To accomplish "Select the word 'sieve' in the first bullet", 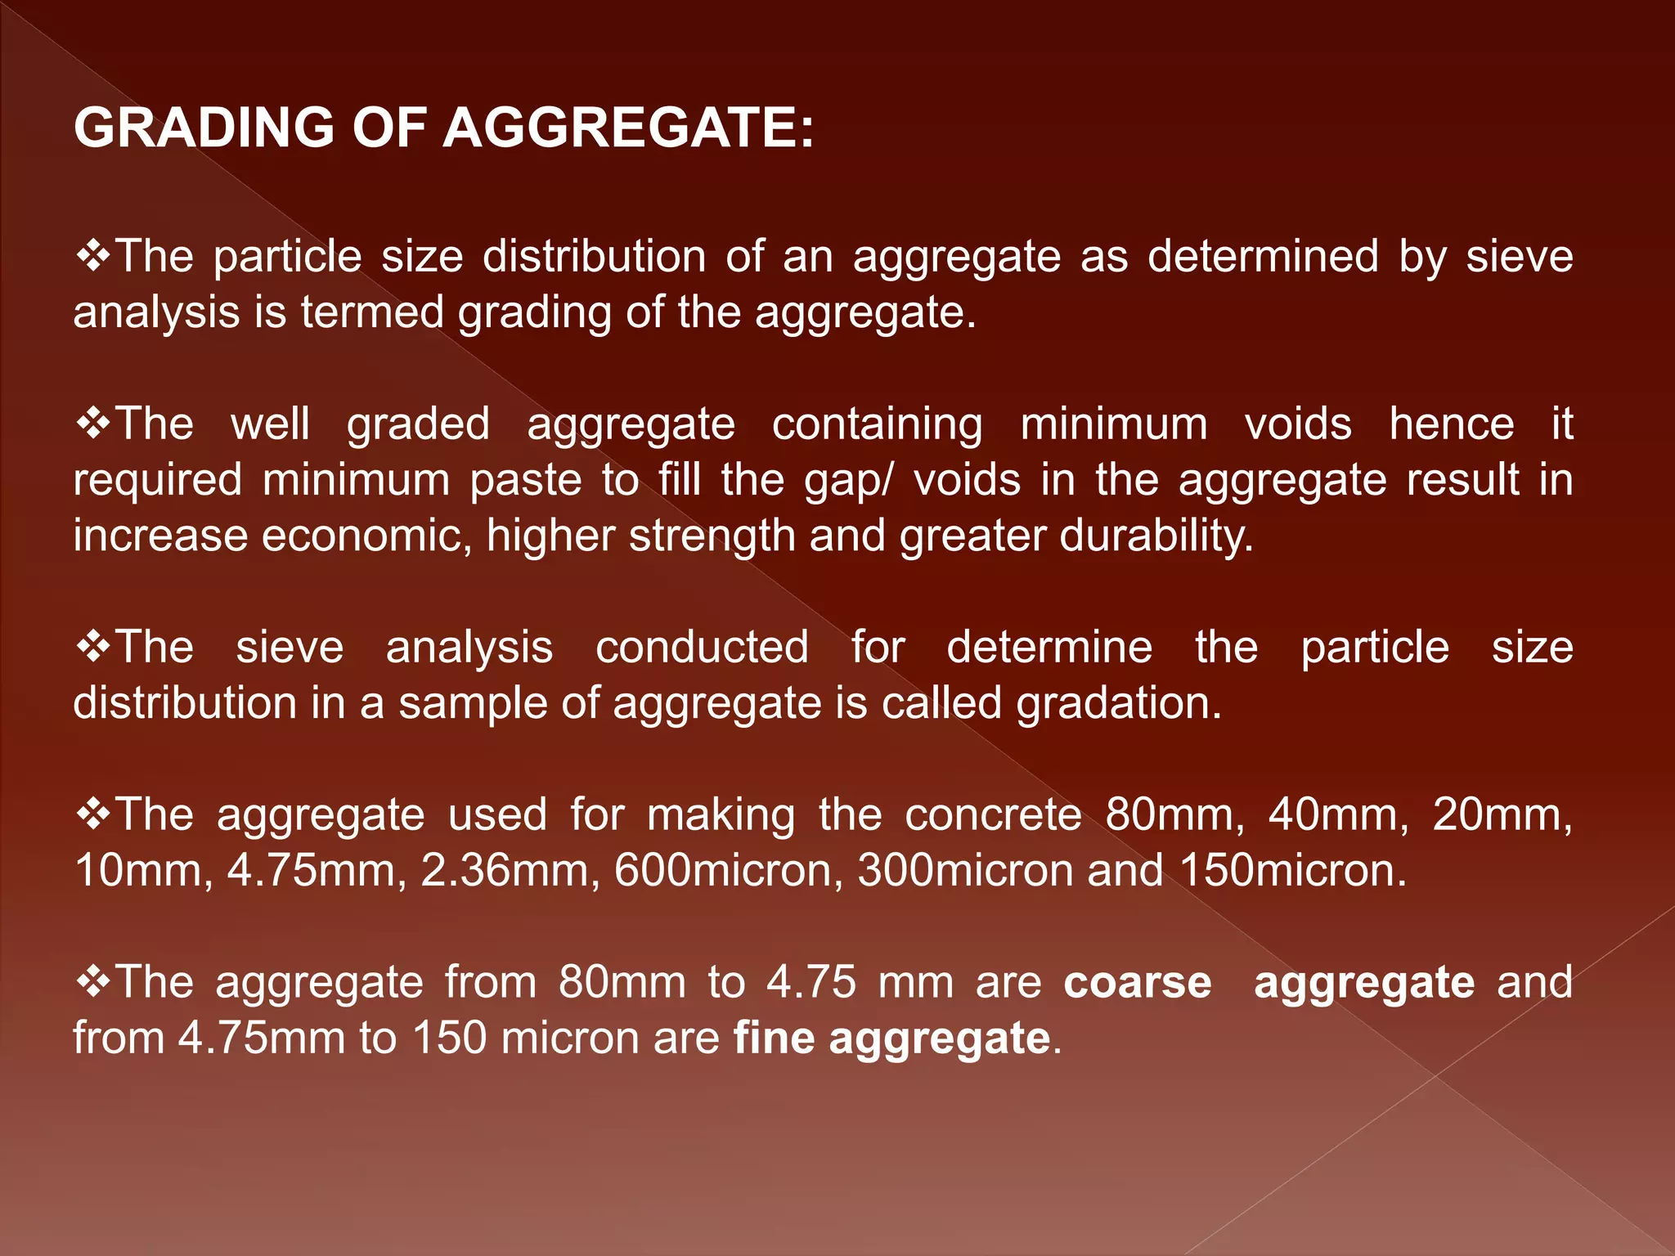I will coord(1519,257).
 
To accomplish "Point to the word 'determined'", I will coord(1263,257).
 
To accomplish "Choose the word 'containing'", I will coord(877,424).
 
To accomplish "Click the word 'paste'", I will coord(525,480).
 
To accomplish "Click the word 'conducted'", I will coord(702,648).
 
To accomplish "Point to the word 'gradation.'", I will coord(1119,703).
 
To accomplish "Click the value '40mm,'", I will coord(1338,815).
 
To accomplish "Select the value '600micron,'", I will coord(729,870).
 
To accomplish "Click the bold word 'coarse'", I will coord(1137,982).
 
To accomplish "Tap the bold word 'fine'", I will coord(774,1038).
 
